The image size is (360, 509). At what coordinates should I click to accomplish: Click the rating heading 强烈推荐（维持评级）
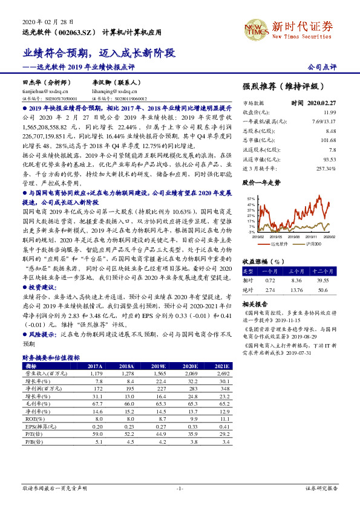[283, 86]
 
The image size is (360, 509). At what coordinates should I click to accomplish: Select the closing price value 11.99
[329, 112]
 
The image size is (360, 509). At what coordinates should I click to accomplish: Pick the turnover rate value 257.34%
[326, 168]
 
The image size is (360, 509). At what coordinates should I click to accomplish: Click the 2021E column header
[221, 366]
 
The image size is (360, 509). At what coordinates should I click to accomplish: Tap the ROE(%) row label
[31, 418]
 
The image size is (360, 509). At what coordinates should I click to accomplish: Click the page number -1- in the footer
[180, 488]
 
